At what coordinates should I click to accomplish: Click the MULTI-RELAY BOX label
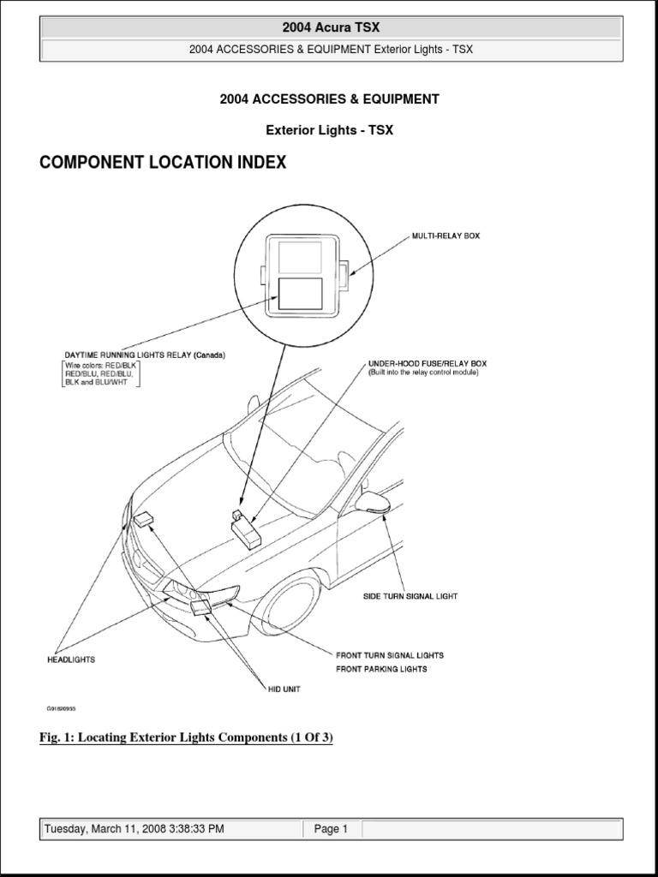coord(446,236)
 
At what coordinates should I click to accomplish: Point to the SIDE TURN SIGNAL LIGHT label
coord(409,596)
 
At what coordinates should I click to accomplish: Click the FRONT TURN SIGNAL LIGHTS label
coord(390,655)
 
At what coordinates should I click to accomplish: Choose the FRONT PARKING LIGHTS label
coord(381,669)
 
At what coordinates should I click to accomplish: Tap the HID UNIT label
coord(284,689)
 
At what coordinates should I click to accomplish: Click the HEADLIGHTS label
coord(70,659)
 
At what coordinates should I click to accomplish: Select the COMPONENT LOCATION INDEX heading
coord(163,163)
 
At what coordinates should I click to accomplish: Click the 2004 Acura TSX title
coord(330,27)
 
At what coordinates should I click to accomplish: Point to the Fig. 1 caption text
coord(186,737)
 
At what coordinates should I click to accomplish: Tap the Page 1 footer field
coord(331,829)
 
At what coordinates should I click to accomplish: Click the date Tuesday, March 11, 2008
coord(134,829)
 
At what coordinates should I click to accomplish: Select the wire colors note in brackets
coord(101,375)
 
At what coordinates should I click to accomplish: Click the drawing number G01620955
coord(63,709)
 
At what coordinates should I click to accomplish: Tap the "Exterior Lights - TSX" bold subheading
coord(330,130)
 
